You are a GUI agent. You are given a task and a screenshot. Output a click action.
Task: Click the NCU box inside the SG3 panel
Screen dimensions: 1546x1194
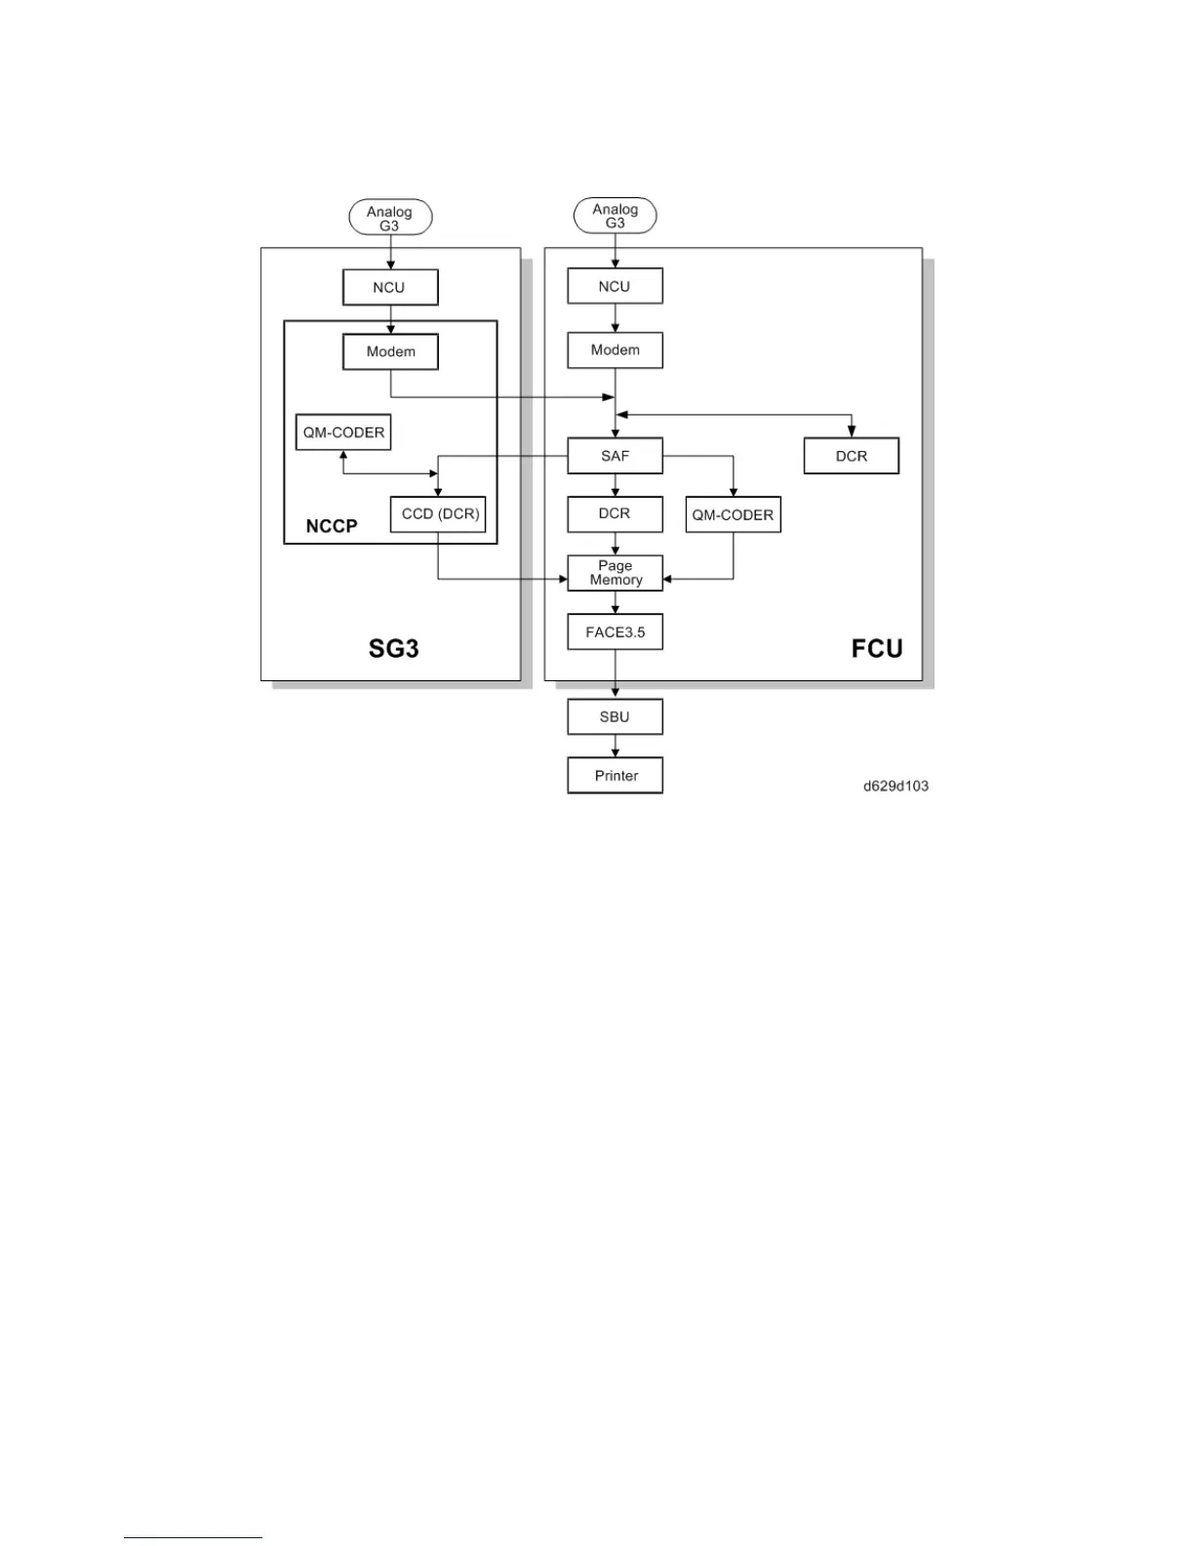(390, 288)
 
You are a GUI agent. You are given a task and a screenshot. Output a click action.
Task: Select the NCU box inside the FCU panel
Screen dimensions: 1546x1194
(615, 287)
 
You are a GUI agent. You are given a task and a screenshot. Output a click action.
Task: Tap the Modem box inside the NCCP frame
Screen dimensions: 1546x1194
(390, 351)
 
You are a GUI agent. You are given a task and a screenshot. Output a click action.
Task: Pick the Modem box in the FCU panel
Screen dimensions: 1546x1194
(615, 350)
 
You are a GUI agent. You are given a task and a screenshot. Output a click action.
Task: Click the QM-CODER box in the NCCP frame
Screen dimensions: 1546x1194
(343, 432)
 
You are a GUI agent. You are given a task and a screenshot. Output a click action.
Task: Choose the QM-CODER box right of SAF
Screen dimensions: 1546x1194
(733, 514)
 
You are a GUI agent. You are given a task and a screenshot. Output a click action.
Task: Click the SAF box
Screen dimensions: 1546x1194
(615, 456)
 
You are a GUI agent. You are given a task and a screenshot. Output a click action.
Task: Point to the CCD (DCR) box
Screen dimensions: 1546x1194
(438, 514)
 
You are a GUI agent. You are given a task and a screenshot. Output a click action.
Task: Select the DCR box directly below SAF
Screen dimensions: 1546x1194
(615, 513)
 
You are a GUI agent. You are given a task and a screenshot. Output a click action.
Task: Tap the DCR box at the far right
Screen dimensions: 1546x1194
(851, 456)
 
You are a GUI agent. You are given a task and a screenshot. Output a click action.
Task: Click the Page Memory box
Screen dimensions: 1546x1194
(615, 573)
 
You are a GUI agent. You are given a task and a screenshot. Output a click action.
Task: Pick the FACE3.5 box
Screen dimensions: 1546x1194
(615, 632)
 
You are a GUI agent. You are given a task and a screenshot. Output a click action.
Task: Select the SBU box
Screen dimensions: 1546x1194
(615, 716)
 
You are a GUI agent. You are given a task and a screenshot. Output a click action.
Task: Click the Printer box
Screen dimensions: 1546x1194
(615, 776)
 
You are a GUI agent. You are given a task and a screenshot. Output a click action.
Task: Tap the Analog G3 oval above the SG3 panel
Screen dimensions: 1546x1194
(390, 218)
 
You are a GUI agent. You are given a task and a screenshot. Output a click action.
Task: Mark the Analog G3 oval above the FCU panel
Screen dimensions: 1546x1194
(615, 216)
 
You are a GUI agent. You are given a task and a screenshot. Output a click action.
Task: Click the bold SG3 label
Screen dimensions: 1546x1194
(393, 648)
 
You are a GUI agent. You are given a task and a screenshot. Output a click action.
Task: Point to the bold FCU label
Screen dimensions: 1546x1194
(876, 649)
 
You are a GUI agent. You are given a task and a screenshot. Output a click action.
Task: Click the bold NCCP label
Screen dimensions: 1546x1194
(332, 526)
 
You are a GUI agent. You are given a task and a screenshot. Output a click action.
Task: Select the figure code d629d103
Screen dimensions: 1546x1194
(895, 786)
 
